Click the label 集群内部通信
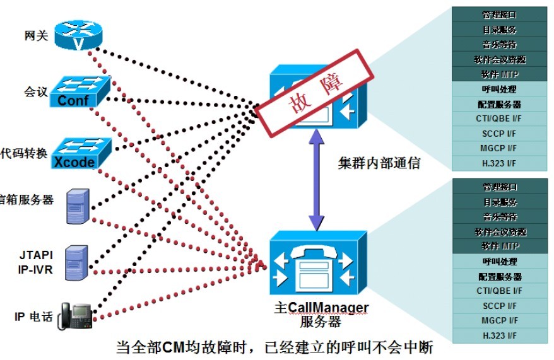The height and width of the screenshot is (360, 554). pos(379,164)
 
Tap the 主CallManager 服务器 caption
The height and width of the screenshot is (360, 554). pos(321,314)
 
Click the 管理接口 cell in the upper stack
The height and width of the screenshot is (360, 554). pos(500,14)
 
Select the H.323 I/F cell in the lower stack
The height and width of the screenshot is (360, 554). pos(500,335)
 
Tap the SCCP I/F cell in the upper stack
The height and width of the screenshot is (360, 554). pos(500,133)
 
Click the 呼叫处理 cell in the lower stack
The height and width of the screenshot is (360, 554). pos(500,261)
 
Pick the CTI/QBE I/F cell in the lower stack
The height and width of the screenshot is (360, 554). pos(500,291)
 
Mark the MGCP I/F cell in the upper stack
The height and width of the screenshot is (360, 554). pos(500,148)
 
